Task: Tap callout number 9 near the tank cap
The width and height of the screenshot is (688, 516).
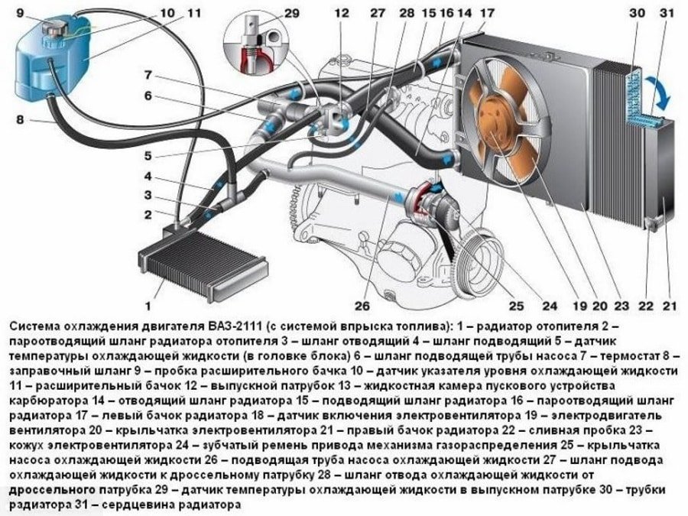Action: coord(19,12)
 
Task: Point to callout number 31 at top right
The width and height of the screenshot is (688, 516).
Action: coord(666,12)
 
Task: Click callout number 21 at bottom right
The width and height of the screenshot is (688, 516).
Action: coord(670,307)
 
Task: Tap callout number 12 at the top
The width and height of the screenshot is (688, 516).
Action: coord(341,12)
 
